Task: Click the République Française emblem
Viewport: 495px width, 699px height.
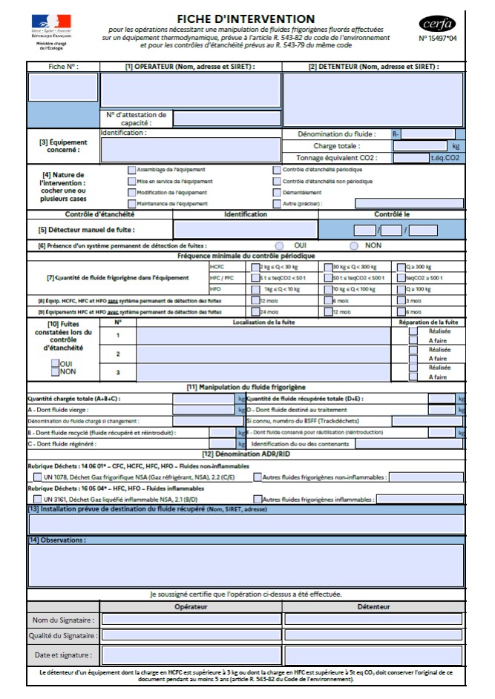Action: coord(51,26)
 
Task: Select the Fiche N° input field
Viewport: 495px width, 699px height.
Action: coord(63,87)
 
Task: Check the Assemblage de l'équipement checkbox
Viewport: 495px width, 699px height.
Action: coord(131,170)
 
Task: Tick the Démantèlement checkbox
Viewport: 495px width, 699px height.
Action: coord(277,192)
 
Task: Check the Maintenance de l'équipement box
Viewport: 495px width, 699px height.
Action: coord(131,203)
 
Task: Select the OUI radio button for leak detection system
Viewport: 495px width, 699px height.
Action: coord(280,245)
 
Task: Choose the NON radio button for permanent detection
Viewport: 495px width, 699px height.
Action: coord(354,245)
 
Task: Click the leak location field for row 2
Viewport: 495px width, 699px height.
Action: coord(263,354)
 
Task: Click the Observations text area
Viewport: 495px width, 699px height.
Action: coord(246,565)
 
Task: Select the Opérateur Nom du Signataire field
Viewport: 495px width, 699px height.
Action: coord(191,620)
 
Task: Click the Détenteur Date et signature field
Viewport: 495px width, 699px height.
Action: coord(373,655)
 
